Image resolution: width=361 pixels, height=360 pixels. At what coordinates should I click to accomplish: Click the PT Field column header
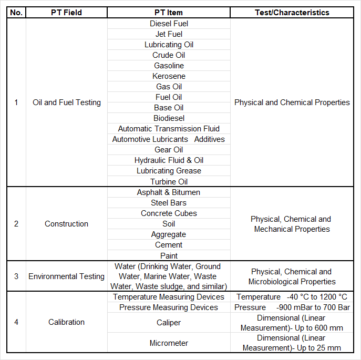(66, 13)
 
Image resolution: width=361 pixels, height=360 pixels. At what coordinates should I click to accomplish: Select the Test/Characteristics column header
(292, 13)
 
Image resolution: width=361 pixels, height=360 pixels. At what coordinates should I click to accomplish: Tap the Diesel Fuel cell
(169, 24)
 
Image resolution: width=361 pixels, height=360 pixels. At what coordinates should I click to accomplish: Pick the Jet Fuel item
(169, 34)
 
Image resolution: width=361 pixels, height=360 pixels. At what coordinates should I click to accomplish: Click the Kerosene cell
(169, 76)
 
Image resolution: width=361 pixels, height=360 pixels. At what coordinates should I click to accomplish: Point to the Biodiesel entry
(169, 118)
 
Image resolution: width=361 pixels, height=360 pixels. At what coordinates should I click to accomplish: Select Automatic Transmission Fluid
(169, 129)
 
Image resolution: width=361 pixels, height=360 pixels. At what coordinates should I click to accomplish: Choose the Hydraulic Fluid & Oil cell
(169, 160)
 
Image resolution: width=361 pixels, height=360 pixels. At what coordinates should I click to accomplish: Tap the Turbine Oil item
(169, 182)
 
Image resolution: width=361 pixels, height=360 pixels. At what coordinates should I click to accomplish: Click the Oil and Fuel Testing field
(66, 102)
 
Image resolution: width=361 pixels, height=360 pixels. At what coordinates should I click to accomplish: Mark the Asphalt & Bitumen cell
(169, 192)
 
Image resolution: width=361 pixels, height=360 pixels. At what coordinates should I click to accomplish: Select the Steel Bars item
(169, 203)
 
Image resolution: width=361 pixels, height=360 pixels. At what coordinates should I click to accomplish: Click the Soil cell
(169, 224)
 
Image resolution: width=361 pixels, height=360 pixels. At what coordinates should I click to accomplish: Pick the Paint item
(169, 255)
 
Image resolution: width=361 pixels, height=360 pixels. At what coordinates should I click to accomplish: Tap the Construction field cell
(66, 224)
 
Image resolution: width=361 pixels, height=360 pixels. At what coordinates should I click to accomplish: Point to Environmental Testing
(66, 276)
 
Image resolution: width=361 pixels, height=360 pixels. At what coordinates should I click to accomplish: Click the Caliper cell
(169, 322)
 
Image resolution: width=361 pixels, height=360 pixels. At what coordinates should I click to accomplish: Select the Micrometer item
(169, 343)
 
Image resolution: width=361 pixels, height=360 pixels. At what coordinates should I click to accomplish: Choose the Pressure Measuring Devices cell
(169, 307)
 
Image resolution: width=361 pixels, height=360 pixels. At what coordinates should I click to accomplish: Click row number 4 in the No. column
(16, 322)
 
